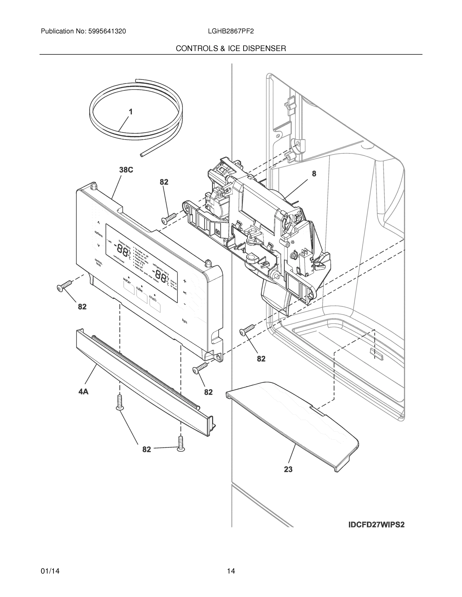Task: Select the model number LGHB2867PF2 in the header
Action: (230, 31)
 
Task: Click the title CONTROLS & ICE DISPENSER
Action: (231, 49)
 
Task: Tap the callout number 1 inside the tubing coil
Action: (131, 112)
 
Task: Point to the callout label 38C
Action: (126, 170)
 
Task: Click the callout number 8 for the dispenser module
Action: (314, 174)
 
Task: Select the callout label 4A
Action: (83, 392)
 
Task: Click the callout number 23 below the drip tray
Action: (288, 469)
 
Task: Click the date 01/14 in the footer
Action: (50, 571)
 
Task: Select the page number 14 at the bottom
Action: (231, 571)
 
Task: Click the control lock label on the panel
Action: (98, 262)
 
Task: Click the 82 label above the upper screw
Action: (164, 182)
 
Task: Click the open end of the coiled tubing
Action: (141, 155)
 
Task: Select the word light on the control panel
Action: (185, 321)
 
